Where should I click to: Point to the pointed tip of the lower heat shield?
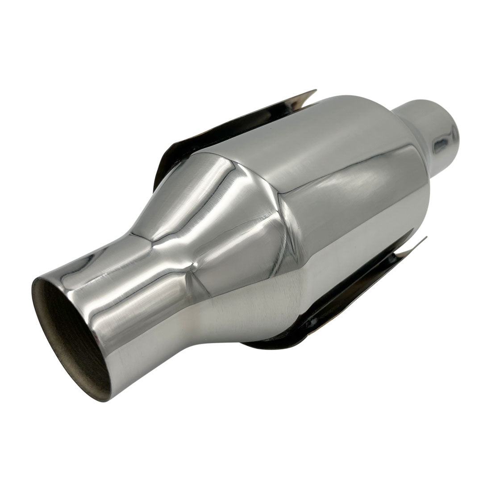426,238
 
